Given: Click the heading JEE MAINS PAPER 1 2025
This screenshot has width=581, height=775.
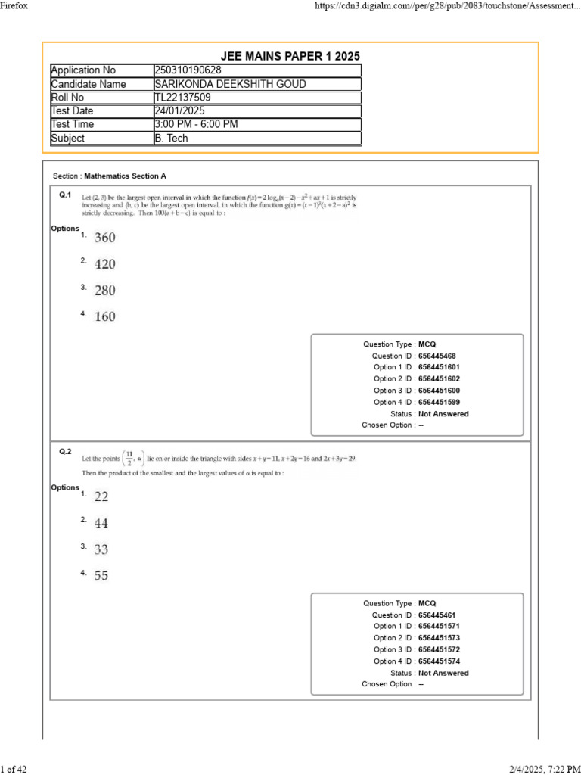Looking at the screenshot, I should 290,57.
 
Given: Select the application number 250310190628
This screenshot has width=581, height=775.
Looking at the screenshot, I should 188,70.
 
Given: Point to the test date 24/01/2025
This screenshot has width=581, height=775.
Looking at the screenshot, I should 179,111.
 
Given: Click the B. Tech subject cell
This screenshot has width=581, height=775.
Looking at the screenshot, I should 171,139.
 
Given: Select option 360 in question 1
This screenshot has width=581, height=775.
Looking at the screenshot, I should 105,238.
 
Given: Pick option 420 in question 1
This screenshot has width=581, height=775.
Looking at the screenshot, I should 105,264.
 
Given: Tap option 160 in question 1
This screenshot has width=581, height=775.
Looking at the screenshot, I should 105,316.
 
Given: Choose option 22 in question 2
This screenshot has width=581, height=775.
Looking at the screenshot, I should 101,496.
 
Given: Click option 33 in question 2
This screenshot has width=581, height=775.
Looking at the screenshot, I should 101,549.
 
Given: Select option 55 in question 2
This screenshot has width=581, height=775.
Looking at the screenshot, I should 101,575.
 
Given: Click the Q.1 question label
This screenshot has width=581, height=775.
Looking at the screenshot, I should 65,195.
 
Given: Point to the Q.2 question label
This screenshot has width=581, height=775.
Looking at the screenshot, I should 65,452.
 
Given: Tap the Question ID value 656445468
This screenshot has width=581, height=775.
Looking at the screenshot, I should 437,356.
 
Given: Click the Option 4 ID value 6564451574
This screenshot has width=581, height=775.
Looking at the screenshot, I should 439,661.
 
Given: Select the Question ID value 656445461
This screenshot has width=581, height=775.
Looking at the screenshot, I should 437,615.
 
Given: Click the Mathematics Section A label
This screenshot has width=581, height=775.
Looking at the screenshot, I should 125,176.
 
